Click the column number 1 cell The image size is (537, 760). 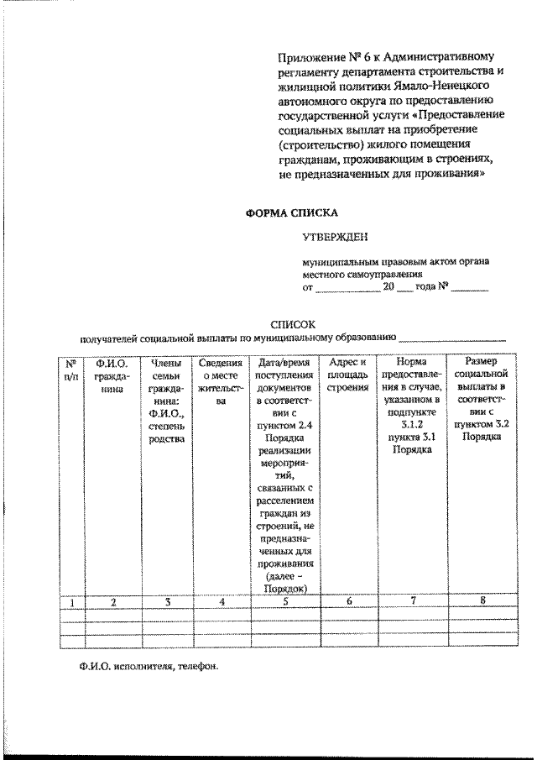click(x=72, y=601)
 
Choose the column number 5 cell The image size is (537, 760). click(x=285, y=601)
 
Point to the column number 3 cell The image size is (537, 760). click(x=168, y=601)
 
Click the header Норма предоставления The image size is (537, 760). click(x=413, y=406)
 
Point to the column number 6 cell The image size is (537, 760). click(x=348, y=601)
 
